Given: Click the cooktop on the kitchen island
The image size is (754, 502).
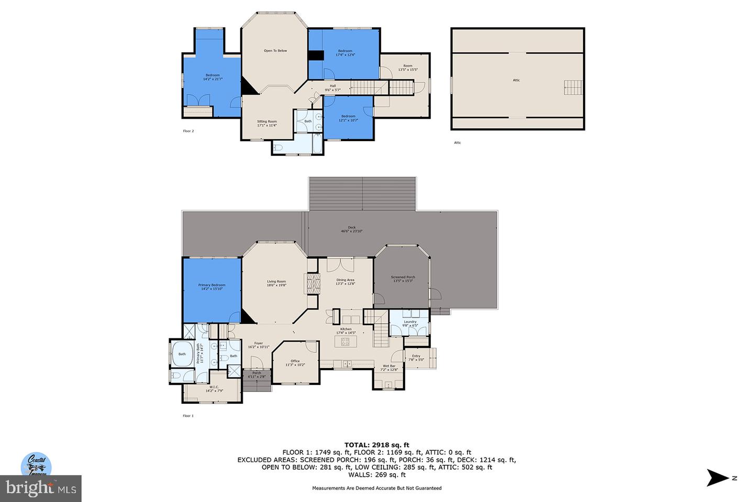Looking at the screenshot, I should (x=346, y=341).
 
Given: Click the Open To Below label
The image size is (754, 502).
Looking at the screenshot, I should (x=275, y=51).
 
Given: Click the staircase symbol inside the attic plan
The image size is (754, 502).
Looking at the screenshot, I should (x=573, y=87).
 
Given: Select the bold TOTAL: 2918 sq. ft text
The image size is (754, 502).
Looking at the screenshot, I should (x=376, y=445).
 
